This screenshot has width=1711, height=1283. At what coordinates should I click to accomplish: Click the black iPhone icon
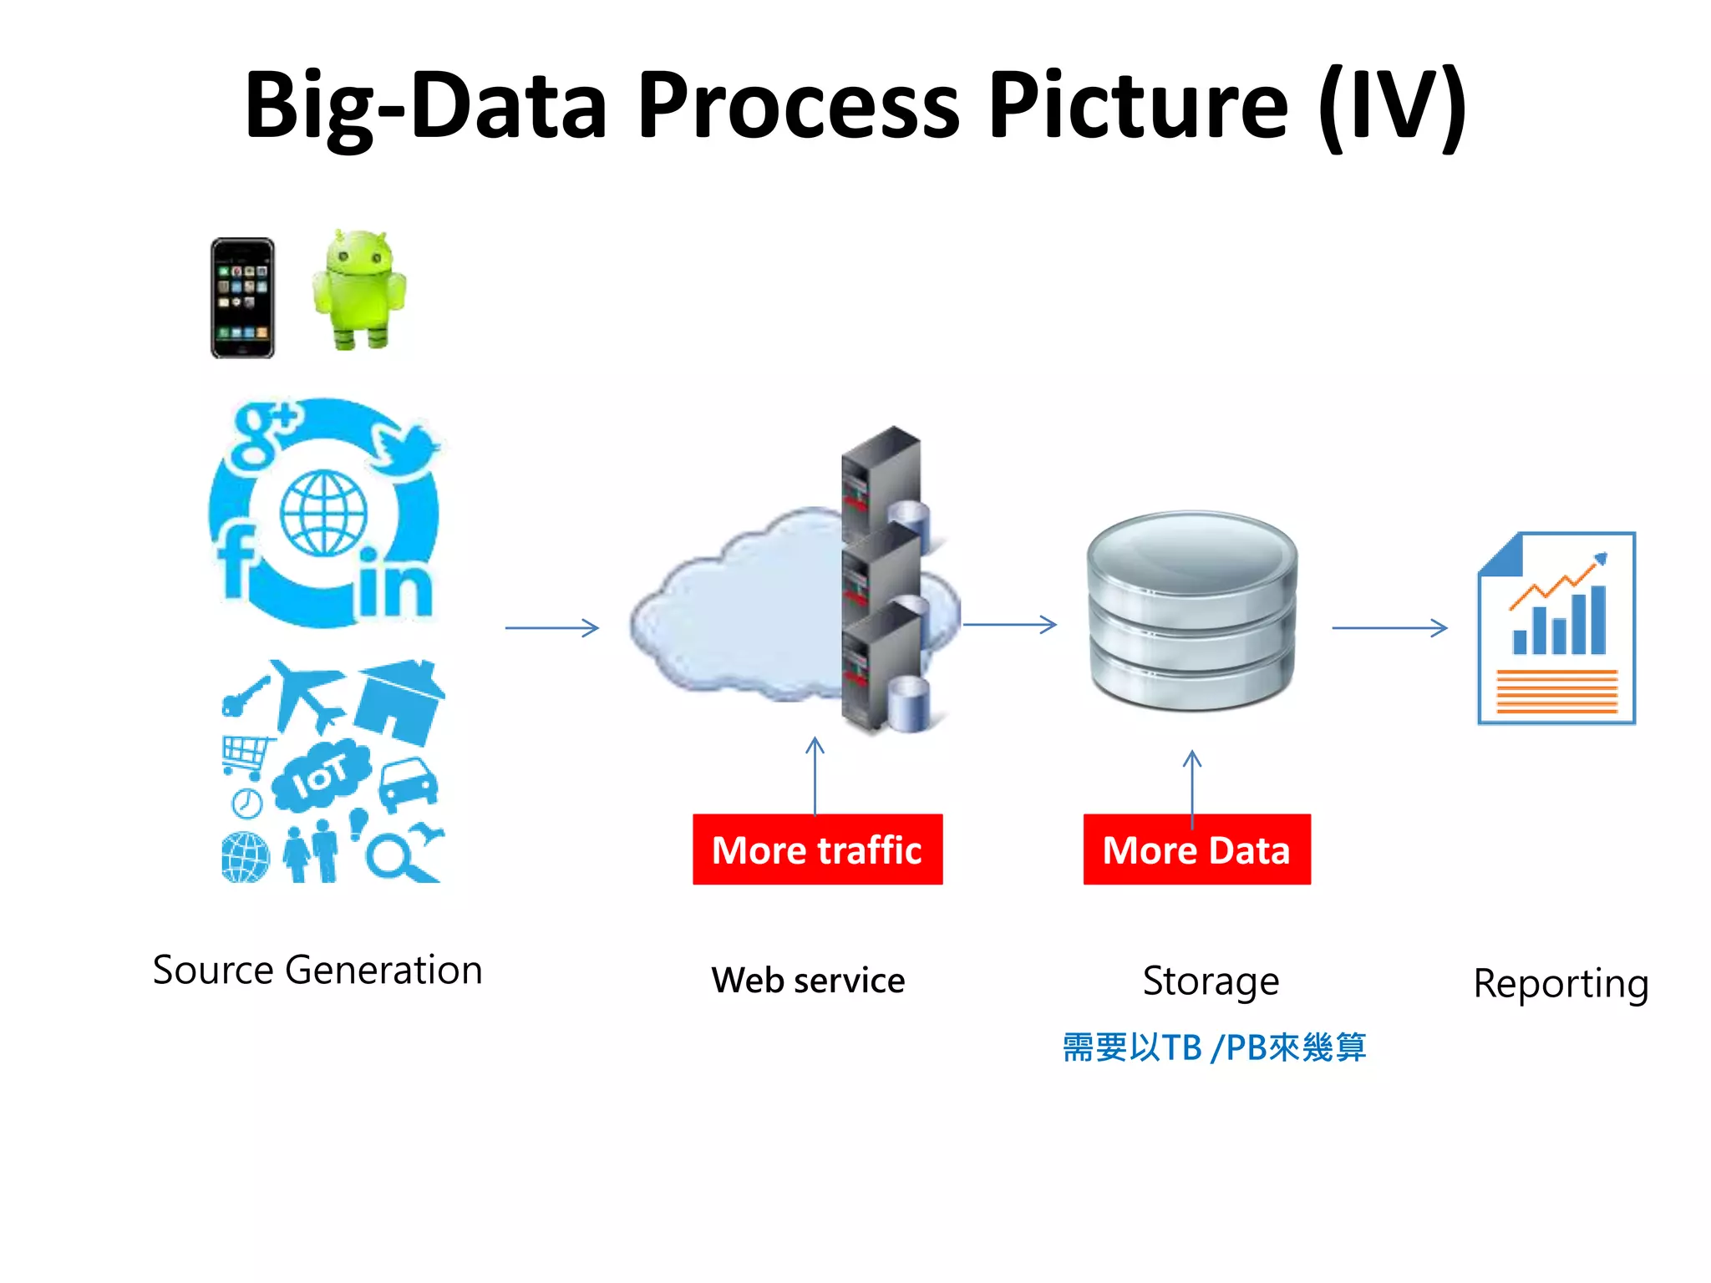(242, 298)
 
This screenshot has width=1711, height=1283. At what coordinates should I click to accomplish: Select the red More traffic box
(817, 849)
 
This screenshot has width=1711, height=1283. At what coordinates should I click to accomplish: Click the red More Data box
(1196, 849)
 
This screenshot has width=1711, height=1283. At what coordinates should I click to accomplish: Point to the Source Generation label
(317, 970)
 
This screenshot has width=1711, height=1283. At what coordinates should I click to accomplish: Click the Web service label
(808, 980)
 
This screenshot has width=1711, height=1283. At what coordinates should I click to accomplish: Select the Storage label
(1211, 981)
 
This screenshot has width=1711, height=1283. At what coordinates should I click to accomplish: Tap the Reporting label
(1560, 983)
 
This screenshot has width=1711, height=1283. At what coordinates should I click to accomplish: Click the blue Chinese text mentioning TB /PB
(1214, 1047)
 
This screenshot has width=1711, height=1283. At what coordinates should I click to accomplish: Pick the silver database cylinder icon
(1192, 610)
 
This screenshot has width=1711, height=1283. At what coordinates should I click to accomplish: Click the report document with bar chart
(1556, 628)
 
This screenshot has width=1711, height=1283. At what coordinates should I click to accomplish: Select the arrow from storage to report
(1389, 627)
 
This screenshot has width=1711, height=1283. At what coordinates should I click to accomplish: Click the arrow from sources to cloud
(552, 627)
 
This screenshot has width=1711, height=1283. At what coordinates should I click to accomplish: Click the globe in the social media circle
(323, 513)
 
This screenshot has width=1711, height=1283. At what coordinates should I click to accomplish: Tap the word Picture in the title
(1137, 106)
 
